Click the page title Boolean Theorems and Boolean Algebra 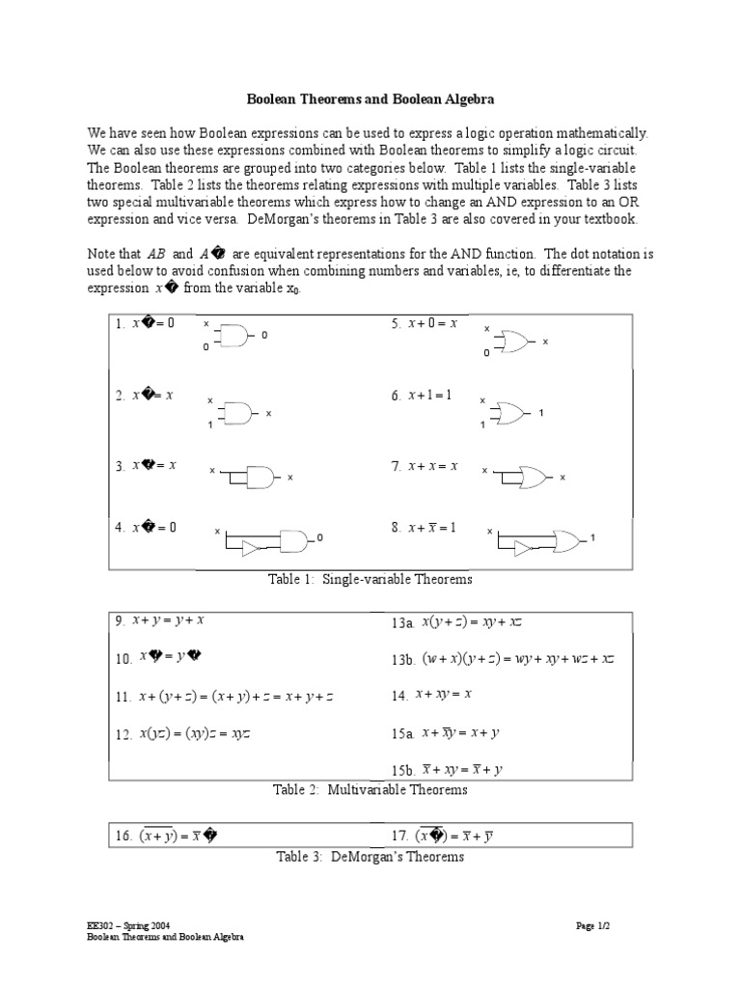(x=370, y=99)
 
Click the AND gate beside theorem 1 (x=236, y=335)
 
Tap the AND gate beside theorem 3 (x=261, y=476)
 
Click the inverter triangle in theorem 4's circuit (x=251, y=549)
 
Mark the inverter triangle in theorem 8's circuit (x=523, y=549)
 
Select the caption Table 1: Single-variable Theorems (x=370, y=579)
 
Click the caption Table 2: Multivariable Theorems (x=370, y=789)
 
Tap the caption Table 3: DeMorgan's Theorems (x=370, y=856)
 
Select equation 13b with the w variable (x=503, y=659)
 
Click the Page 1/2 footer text (x=593, y=925)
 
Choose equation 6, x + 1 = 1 (x=422, y=396)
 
